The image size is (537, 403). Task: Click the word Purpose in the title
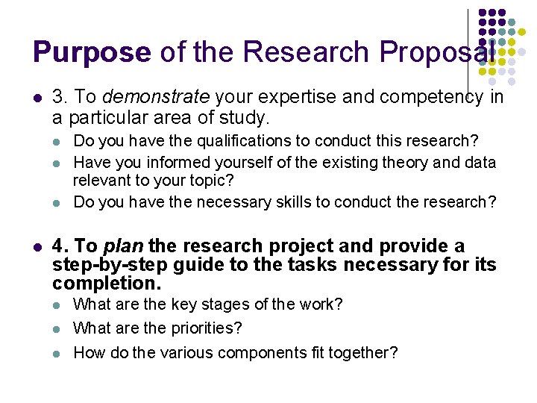coord(92,52)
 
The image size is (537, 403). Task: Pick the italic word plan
coord(123,246)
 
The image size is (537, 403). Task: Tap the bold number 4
coord(59,246)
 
